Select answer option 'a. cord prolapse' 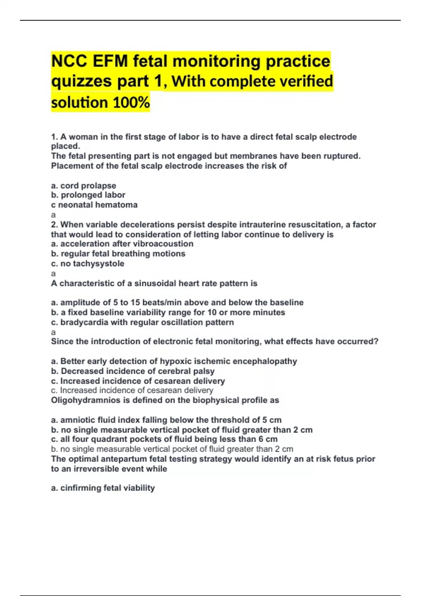point(83,185)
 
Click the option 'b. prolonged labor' point(88,195)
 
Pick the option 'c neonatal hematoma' point(94,205)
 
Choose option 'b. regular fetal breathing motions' point(118,253)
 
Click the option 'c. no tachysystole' point(87,263)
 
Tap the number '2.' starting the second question point(54,224)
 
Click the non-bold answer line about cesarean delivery point(132,390)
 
